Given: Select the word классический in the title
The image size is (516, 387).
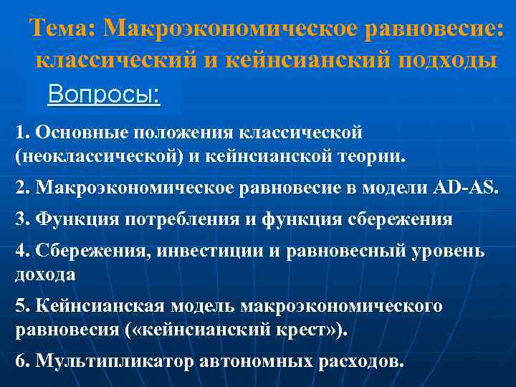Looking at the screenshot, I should point(117,60).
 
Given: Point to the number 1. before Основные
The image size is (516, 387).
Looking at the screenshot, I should point(23,132).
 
